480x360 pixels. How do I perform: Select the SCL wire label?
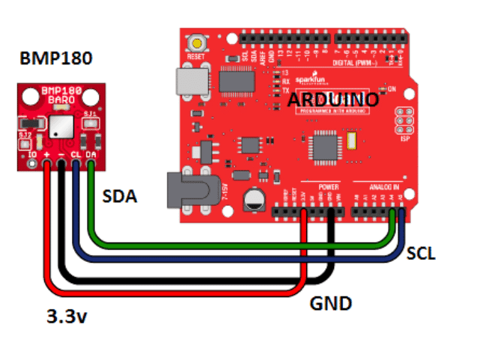click(x=421, y=254)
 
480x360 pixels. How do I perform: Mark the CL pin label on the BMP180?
click(x=76, y=155)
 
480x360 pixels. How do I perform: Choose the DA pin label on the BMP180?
click(x=90, y=155)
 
